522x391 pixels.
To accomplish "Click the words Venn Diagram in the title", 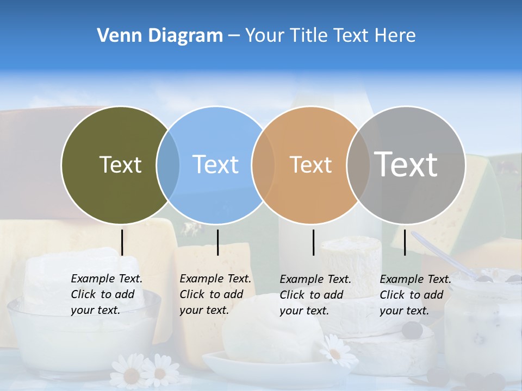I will (x=160, y=36).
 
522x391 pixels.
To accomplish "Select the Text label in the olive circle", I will (x=120, y=165).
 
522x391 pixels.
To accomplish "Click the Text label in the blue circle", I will (x=215, y=165).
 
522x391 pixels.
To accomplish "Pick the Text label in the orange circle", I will (x=310, y=165).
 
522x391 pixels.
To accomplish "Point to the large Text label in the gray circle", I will (x=406, y=164).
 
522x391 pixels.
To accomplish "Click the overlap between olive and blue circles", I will (x=168, y=165).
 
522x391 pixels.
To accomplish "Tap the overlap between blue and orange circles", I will (x=263, y=165).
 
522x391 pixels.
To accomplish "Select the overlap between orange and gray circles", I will (x=358, y=165).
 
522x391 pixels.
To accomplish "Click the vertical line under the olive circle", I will (x=122, y=242).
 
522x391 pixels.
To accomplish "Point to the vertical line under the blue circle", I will (x=217, y=242).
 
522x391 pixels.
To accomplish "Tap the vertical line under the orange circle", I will (x=314, y=242).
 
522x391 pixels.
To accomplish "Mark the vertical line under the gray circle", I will (x=405, y=242).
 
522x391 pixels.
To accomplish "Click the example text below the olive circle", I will (x=106, y=294).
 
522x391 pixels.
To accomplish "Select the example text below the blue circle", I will (x=215, y=294).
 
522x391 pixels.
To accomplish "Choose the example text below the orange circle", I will (x=315, y=295).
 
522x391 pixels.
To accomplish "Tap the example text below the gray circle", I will (x=415, y=295).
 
